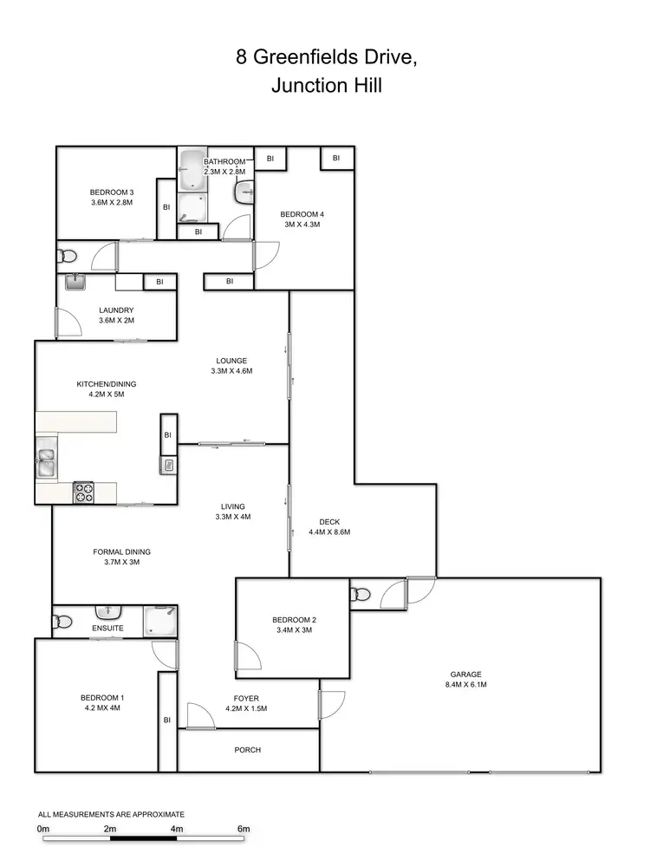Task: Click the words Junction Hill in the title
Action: pos(326,86)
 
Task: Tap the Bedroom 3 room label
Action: pos(112,192)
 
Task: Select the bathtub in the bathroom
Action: pos(192,172)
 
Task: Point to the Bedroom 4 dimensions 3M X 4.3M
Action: pos(302,225)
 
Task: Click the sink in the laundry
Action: pos(75,283)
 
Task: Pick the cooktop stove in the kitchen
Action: pos(84,492)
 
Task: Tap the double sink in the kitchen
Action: pos(45,460)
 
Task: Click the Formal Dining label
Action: pos(122,551)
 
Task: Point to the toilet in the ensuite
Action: pos(62,622)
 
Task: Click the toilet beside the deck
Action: pos(360,595)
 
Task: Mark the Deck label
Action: pos(329,521)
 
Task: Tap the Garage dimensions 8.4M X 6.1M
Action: pos(465,685)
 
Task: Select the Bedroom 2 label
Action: pos(294,619)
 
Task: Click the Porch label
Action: pos(248,750)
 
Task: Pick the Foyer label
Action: pos(246,698)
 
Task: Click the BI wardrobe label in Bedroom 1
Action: pos(167,720)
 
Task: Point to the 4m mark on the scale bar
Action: pos(177,829)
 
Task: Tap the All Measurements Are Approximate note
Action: pos(112,814)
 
